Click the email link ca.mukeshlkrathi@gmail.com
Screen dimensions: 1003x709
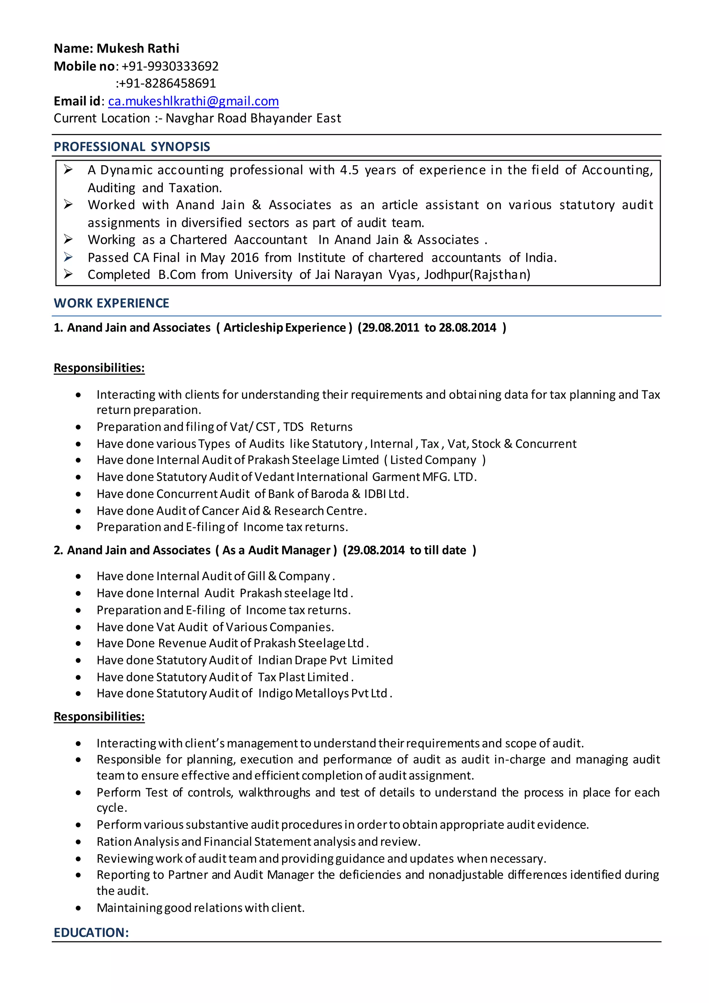coord(194,101)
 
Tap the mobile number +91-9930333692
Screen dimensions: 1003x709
coord(170,66)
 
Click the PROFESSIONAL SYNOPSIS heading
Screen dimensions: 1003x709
coord(132,147)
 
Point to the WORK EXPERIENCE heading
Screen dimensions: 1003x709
coord(111,303)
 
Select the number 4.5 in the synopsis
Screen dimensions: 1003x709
coord(349,170)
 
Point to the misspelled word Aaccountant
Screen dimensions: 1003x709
coord(271,240)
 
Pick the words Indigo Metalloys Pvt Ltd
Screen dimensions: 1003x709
coord(323,693)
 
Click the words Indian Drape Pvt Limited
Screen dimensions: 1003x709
coord(325,660)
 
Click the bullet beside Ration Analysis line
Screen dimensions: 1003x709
coord(78,842)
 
